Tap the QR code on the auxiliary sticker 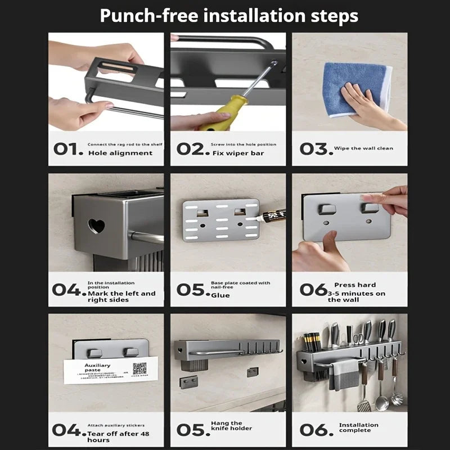139,369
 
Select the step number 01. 68,149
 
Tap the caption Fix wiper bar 238,153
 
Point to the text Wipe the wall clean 363,148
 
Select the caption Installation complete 358,428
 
